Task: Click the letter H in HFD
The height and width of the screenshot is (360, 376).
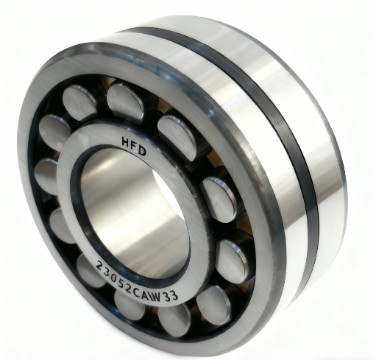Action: pyautogui.click(x=127, y=141)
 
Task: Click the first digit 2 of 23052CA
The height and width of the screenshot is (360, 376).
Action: pyautogui.click(x=100, y=266)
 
